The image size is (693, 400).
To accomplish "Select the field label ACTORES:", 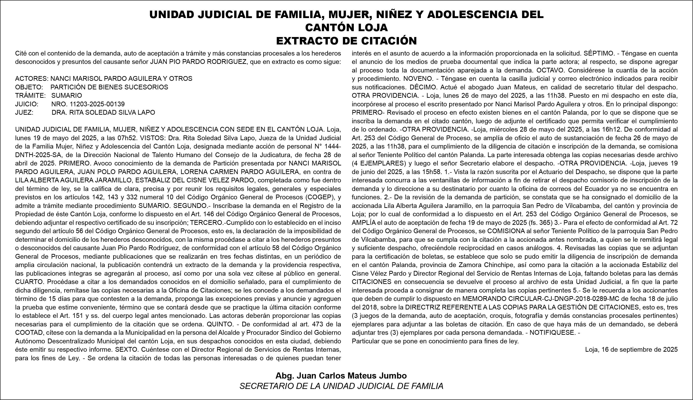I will (32, 79).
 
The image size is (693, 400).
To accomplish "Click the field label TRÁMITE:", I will (30, 96).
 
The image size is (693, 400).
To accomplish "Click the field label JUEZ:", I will (24, 112).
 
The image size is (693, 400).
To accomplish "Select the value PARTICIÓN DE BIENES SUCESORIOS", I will (109, 87).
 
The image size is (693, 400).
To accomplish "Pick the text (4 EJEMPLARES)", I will (379, 163).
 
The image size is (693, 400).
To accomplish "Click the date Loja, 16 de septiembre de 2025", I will (631, 350).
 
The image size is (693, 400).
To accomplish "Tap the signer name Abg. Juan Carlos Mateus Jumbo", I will (341, 376).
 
